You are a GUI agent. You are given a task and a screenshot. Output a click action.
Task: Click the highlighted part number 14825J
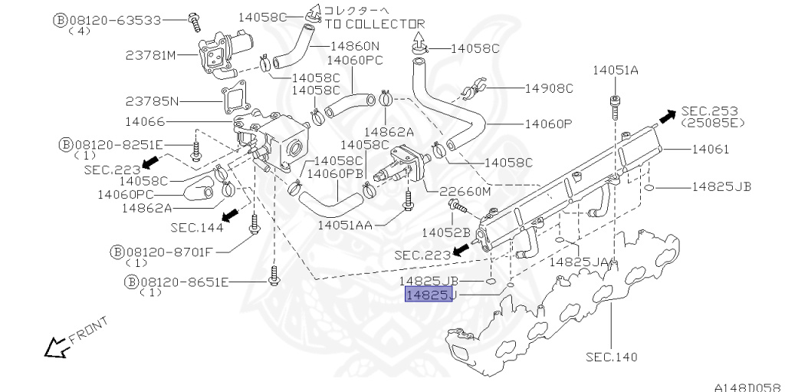coord(430,295)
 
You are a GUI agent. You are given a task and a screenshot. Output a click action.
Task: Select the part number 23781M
coord(151,55)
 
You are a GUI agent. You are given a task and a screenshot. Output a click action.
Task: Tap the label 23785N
coord(153,100)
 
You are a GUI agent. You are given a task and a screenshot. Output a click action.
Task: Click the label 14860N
coord(353,45)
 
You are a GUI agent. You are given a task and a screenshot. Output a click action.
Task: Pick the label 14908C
coord(549,88)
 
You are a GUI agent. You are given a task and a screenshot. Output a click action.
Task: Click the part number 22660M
coord(464,191)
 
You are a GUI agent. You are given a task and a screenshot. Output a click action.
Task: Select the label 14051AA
coord(345,225)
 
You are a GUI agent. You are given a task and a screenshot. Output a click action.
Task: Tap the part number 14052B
coord(446,231)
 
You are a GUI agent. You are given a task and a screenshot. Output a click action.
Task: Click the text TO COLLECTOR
coord(375,24)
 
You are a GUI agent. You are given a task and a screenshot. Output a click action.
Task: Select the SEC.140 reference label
coord(611,357)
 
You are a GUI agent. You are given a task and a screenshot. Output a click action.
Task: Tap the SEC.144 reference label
coord(197,227)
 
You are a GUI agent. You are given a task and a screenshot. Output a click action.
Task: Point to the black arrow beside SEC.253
coord(667,117)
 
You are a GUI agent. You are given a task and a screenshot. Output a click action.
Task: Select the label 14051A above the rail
coord(615,71)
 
